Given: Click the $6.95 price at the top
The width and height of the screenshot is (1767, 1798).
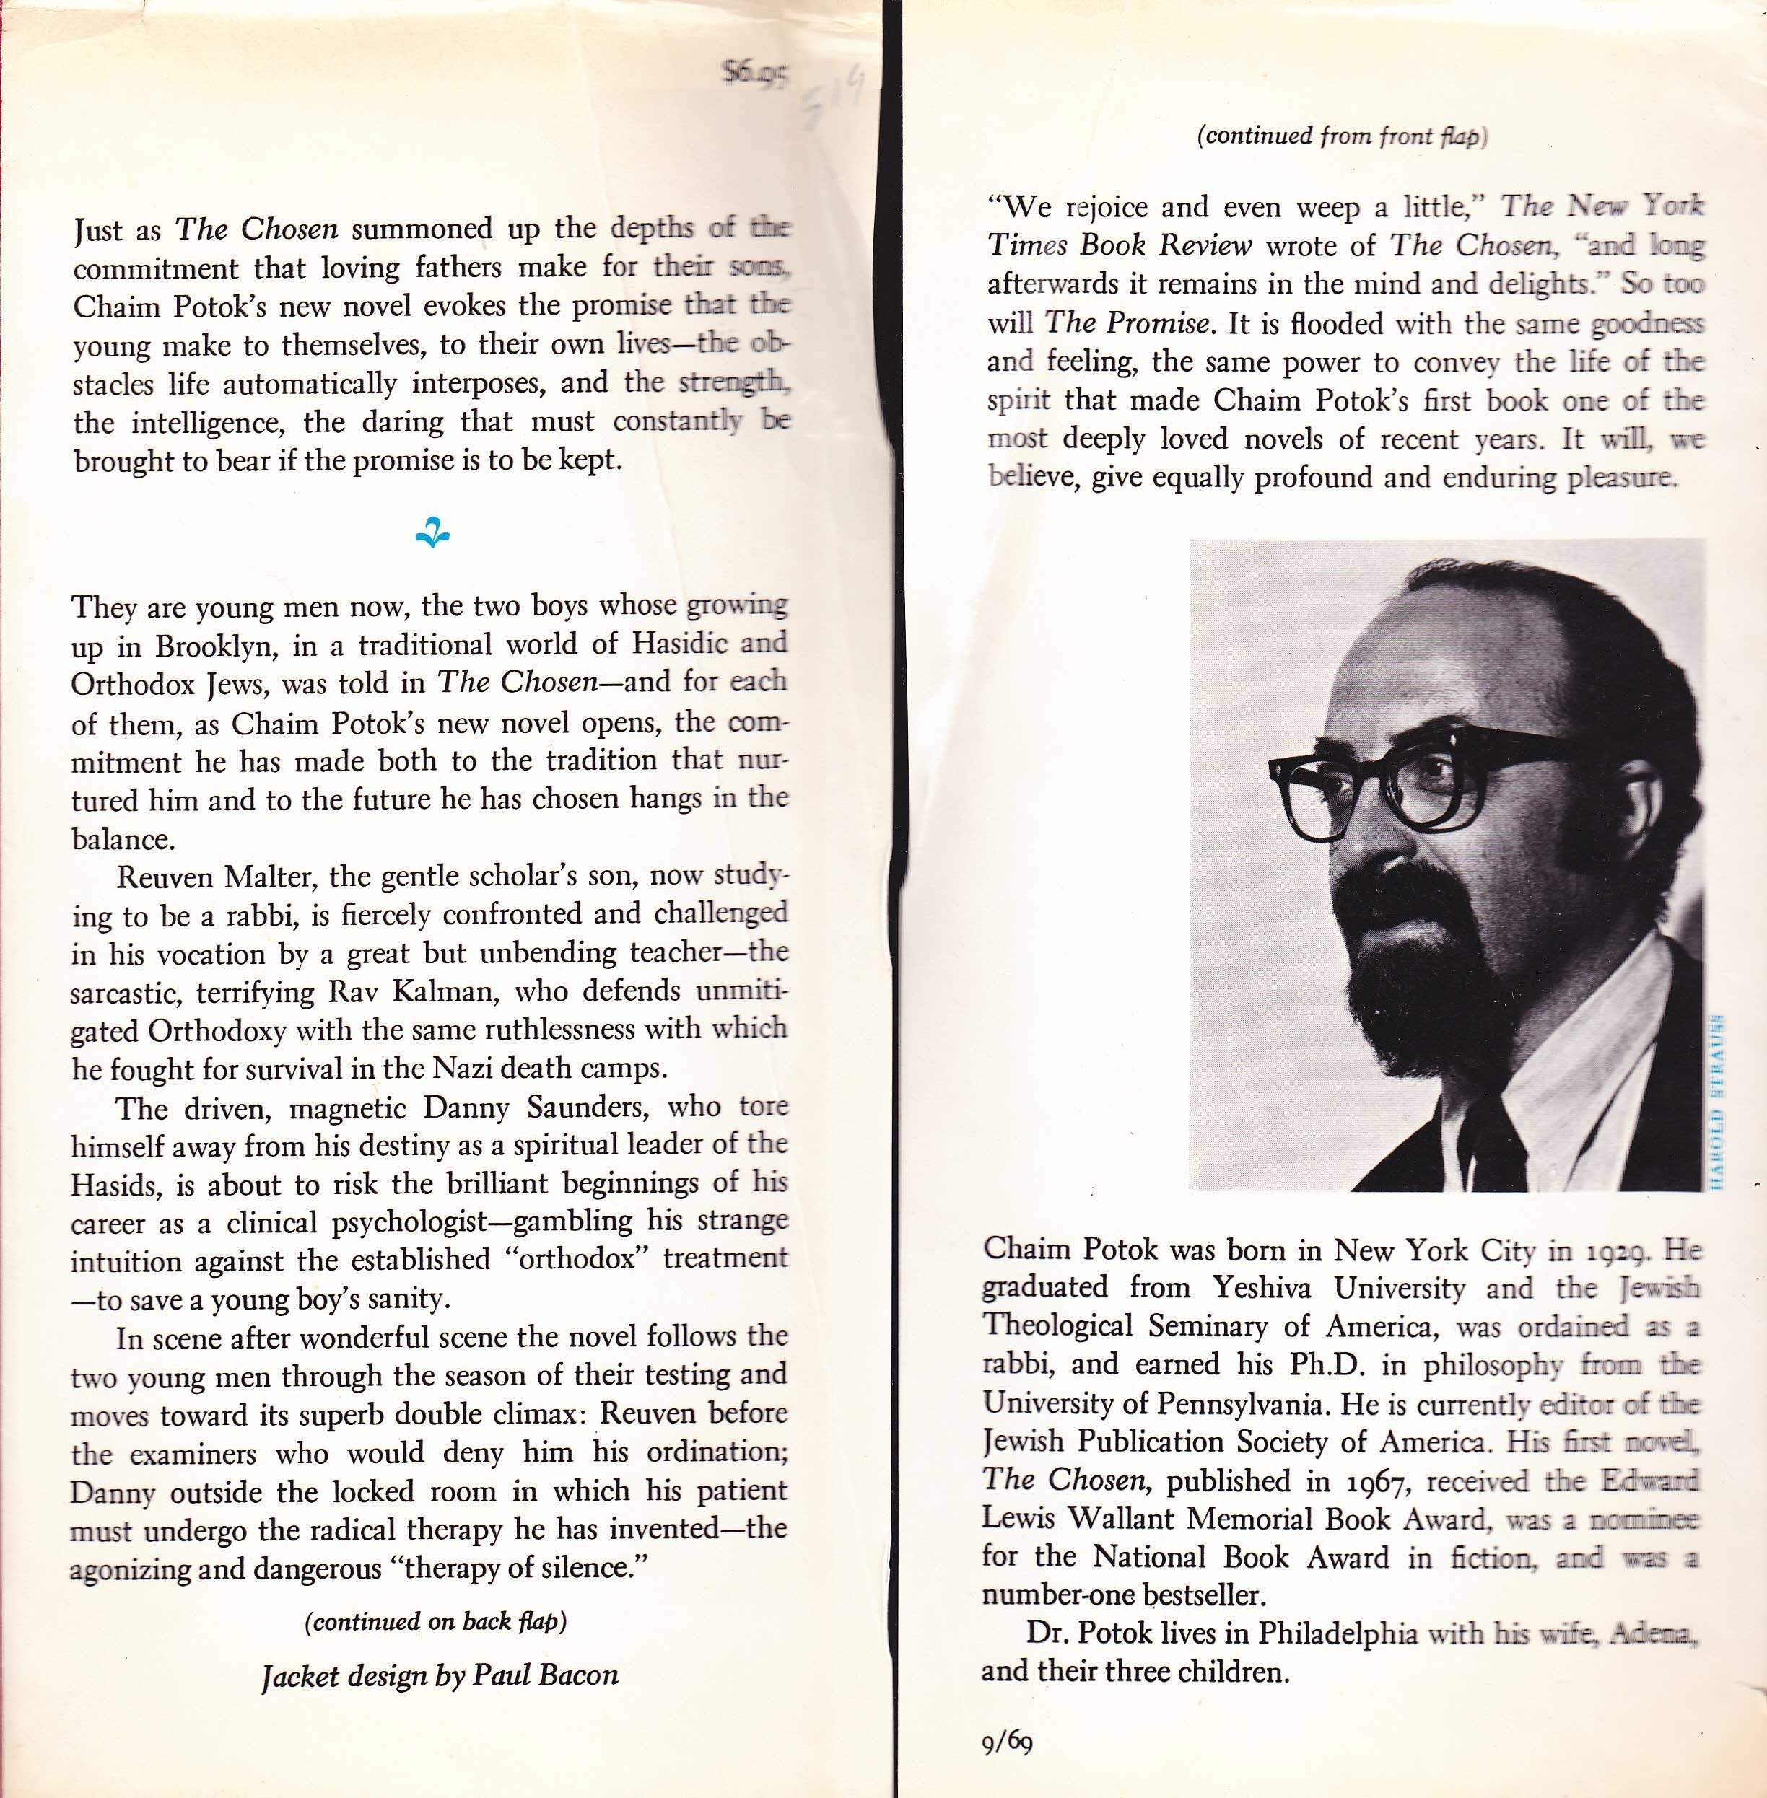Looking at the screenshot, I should [754, 72].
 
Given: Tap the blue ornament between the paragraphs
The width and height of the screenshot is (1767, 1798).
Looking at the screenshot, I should [432, 533].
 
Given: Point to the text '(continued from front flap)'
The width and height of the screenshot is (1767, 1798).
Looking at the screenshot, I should [1342, 136].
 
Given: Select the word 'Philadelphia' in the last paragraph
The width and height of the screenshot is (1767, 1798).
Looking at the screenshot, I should [1338, 1633].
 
